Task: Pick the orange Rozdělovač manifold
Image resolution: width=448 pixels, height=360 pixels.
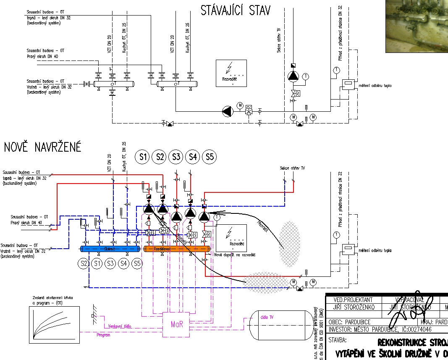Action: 177,249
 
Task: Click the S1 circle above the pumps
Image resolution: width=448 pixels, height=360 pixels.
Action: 143,158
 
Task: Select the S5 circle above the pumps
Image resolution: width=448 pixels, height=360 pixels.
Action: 210,158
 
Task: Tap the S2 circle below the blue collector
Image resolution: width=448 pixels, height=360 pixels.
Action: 84,264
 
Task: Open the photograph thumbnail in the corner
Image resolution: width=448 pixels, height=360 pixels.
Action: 417,26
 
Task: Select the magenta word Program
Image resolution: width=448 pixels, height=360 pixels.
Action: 103,335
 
